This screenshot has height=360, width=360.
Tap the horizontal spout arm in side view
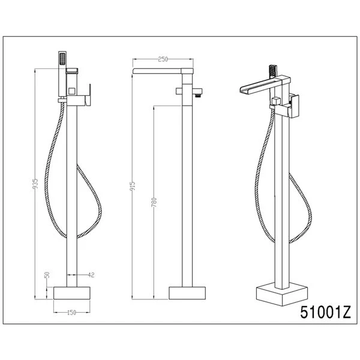162,73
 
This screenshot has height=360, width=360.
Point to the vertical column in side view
186,192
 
